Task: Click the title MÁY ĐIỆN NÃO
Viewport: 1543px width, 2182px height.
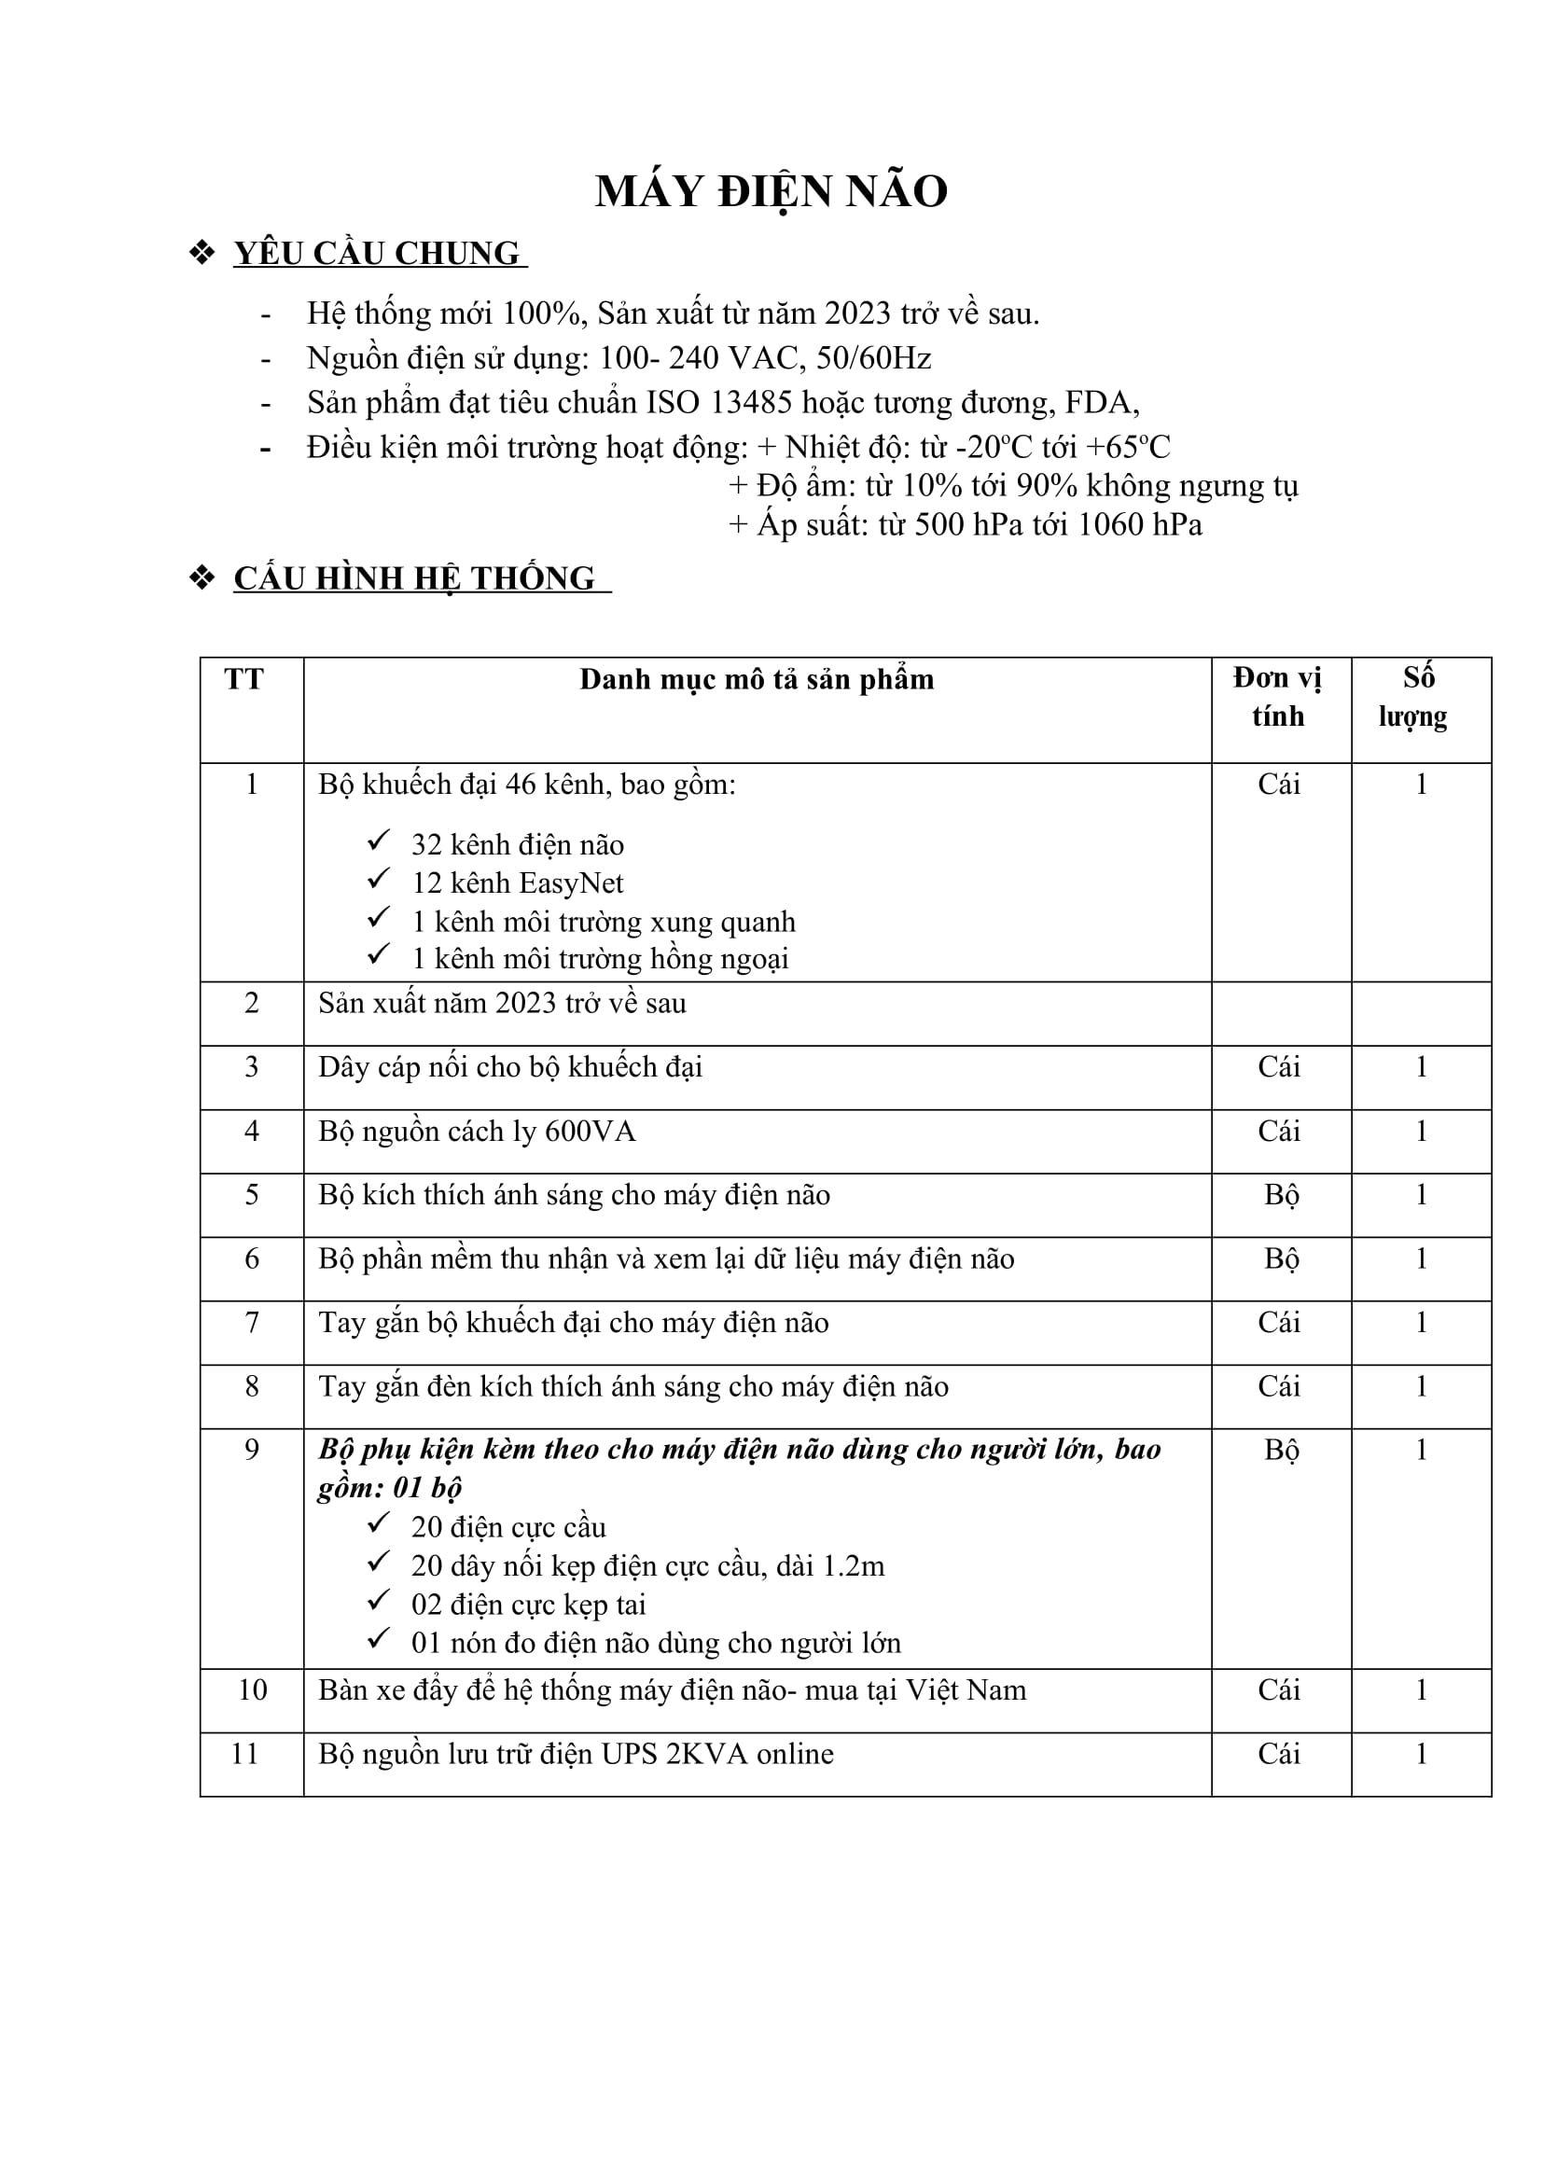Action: [x=771, y=192]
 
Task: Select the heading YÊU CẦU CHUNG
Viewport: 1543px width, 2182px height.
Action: [x=377, y=254]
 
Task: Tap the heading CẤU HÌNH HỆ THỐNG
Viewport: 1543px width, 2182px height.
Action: [x=414, y=578]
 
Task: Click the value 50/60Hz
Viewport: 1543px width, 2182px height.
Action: [x=873, y=358]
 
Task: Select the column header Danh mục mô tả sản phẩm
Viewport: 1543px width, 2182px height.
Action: [x=757, y=679]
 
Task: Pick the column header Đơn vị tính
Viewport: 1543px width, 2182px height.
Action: [x=1278, y=698]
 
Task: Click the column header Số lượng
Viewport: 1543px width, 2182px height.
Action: [x=1415, y=698]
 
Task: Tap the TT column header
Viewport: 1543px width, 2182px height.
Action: [x=244, y=679]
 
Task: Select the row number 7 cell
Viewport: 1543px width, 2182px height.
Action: [x=252, y=1323]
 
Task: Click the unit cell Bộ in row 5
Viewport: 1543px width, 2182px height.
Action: [x=1281, y=1196]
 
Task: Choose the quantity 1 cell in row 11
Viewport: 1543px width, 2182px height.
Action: [x=1422, y=1755]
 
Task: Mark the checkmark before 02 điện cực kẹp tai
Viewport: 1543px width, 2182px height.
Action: [x=378, y=1601]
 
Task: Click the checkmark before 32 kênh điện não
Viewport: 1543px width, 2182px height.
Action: [x=378, y=841]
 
